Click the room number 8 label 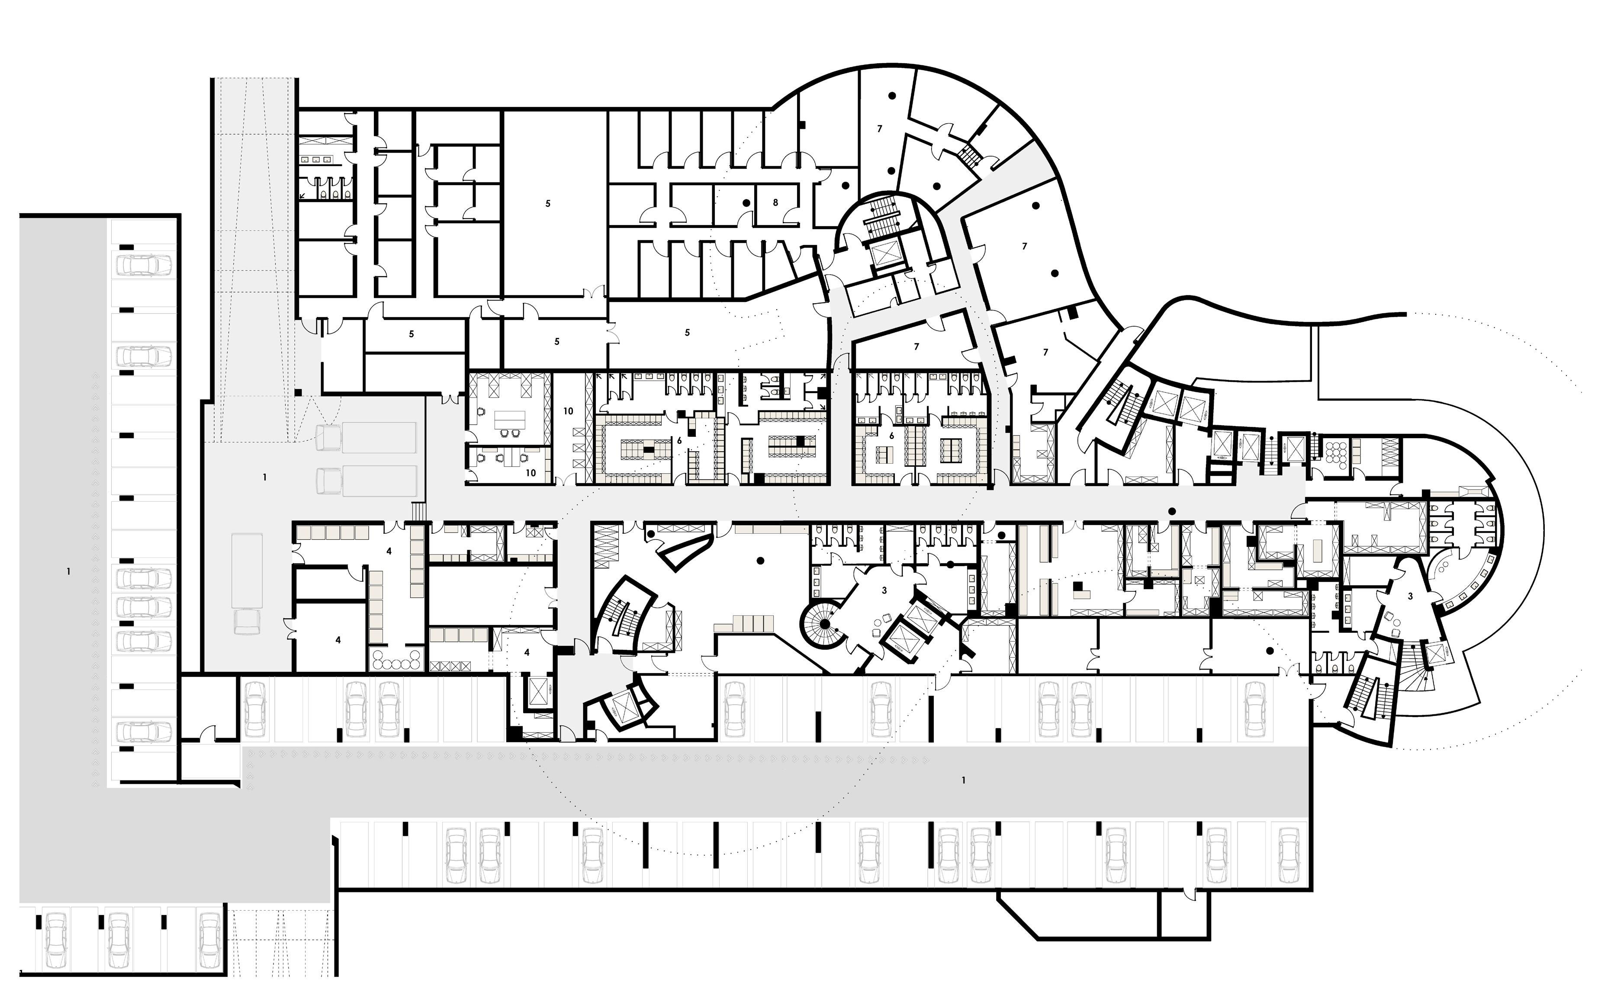[775, 202]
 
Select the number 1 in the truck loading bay [265, 478]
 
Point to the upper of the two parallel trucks [366, 436]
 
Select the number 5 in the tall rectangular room [548, 204]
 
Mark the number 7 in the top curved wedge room [880, 129]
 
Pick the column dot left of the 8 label [746, 203]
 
